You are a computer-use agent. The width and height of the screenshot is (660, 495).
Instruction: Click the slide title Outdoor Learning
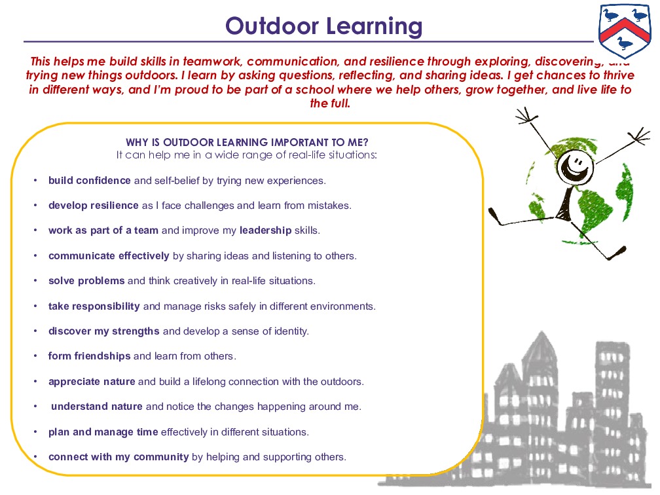(324, 26)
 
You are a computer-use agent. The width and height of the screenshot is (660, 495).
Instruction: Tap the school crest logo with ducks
(626, 30)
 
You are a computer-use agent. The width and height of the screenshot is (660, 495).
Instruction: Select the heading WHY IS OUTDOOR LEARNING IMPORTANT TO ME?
(247, 143)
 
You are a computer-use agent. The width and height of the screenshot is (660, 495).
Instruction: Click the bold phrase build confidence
(90, 180)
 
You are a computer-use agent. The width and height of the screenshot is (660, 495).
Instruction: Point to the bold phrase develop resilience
(94, 205)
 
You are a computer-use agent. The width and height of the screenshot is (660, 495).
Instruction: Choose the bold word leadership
(265, 230)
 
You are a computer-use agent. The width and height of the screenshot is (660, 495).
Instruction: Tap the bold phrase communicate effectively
(109, 255)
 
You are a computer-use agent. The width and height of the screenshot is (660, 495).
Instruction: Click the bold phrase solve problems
(86, 281)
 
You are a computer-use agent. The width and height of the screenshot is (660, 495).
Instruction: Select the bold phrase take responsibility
(94, 306)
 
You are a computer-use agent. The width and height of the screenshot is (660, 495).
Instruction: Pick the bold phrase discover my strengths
(104, 331)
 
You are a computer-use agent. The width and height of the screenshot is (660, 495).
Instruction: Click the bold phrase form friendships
(90, 356)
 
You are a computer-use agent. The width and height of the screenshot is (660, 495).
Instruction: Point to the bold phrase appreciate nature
(92, 381)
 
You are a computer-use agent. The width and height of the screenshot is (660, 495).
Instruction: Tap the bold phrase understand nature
(97, 407)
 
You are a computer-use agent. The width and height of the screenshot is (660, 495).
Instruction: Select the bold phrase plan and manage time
(103, 431)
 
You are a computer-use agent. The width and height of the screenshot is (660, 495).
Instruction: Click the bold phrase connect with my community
(119, 457)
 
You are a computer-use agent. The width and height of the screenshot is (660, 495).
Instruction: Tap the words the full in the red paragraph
(331, 103)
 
